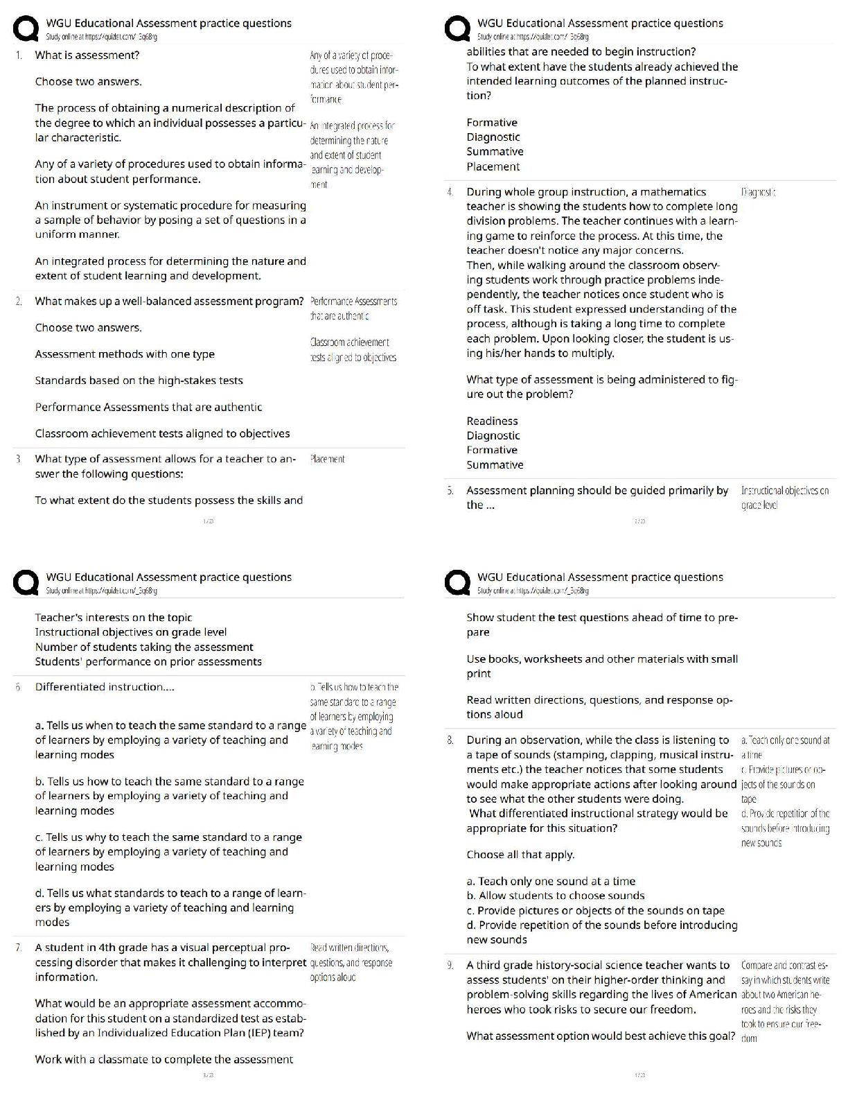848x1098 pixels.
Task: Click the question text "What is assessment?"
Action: (87, 55)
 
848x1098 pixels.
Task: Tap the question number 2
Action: (19, 302)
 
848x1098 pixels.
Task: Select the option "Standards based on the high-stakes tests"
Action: (139, 381)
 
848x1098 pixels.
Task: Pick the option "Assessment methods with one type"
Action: (125, 354)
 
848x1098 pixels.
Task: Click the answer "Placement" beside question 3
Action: (327, 459)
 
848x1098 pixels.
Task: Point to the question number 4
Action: (450, 192)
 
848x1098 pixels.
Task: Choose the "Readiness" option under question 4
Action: (492, 421)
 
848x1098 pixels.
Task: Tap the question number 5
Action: (450, 491)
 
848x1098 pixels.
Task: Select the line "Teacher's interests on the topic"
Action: (114, 618)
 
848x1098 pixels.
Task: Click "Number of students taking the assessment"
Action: (144, 647)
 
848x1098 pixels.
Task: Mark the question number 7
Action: (19, 948)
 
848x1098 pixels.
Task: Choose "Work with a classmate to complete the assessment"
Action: (164, 1059)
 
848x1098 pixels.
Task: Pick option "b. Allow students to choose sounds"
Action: (556, 896)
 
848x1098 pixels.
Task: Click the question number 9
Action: (450, 966)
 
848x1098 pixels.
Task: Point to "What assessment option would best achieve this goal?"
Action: (601, 1036)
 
